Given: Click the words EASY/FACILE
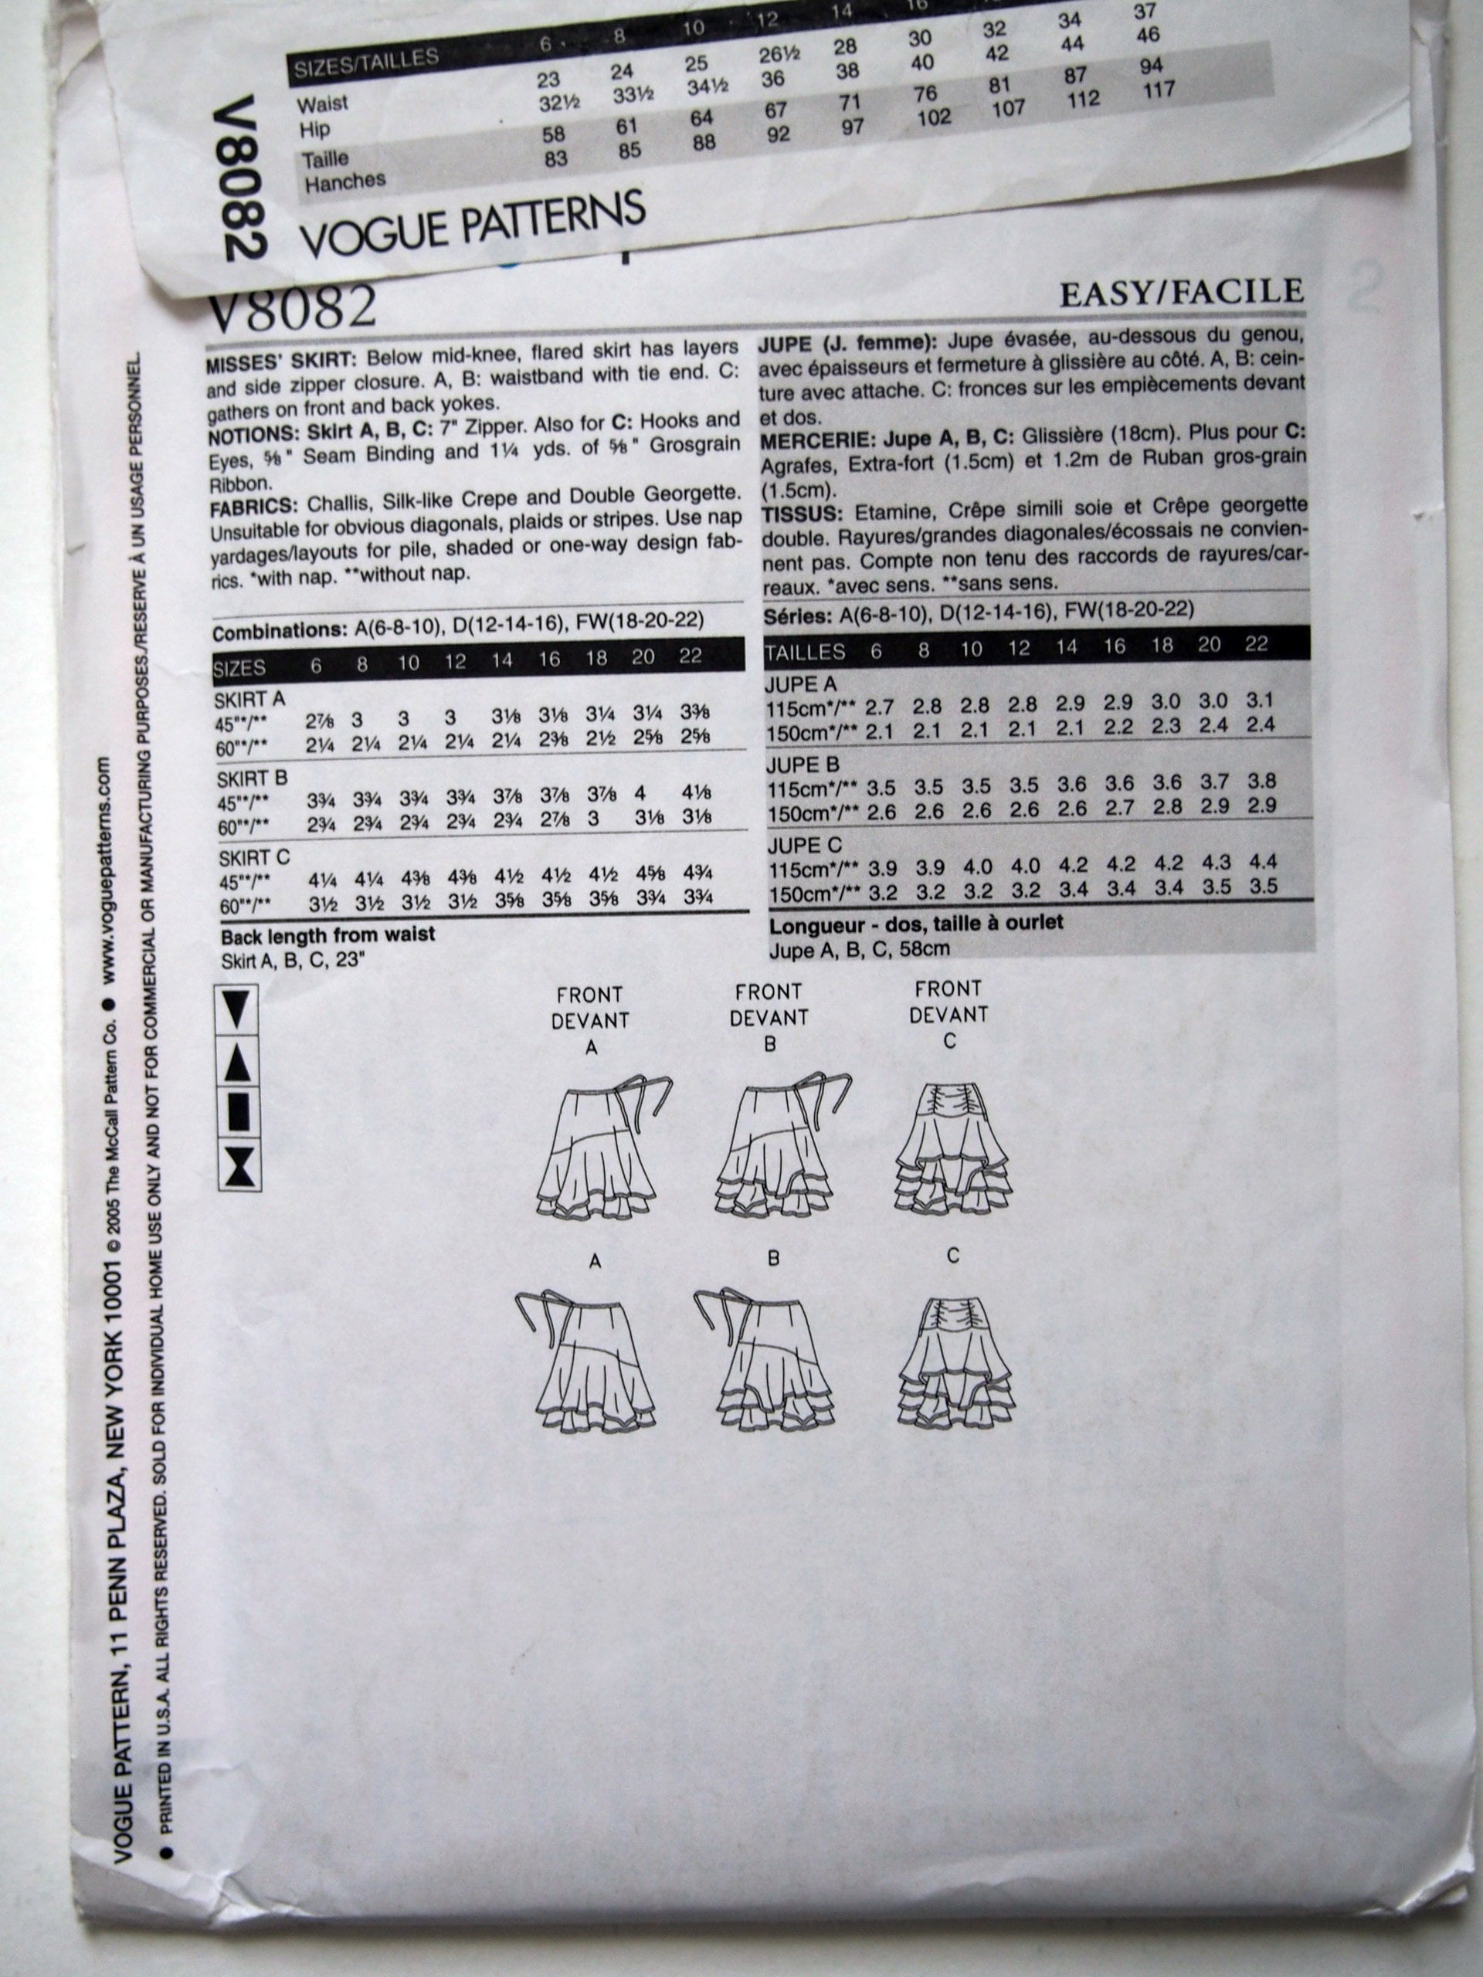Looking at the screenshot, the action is pyautogui.click(x=1181, y=292).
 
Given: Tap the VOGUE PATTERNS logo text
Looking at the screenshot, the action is pyautogui.click(x=472, y=222).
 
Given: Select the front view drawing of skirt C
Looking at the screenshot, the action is pyautogui.click(x=954, y=1144).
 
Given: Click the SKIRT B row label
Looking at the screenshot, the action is pyautogui.click(x=251, y=778).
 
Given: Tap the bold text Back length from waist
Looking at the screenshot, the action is pyautogui.click(x=328, y=936).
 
